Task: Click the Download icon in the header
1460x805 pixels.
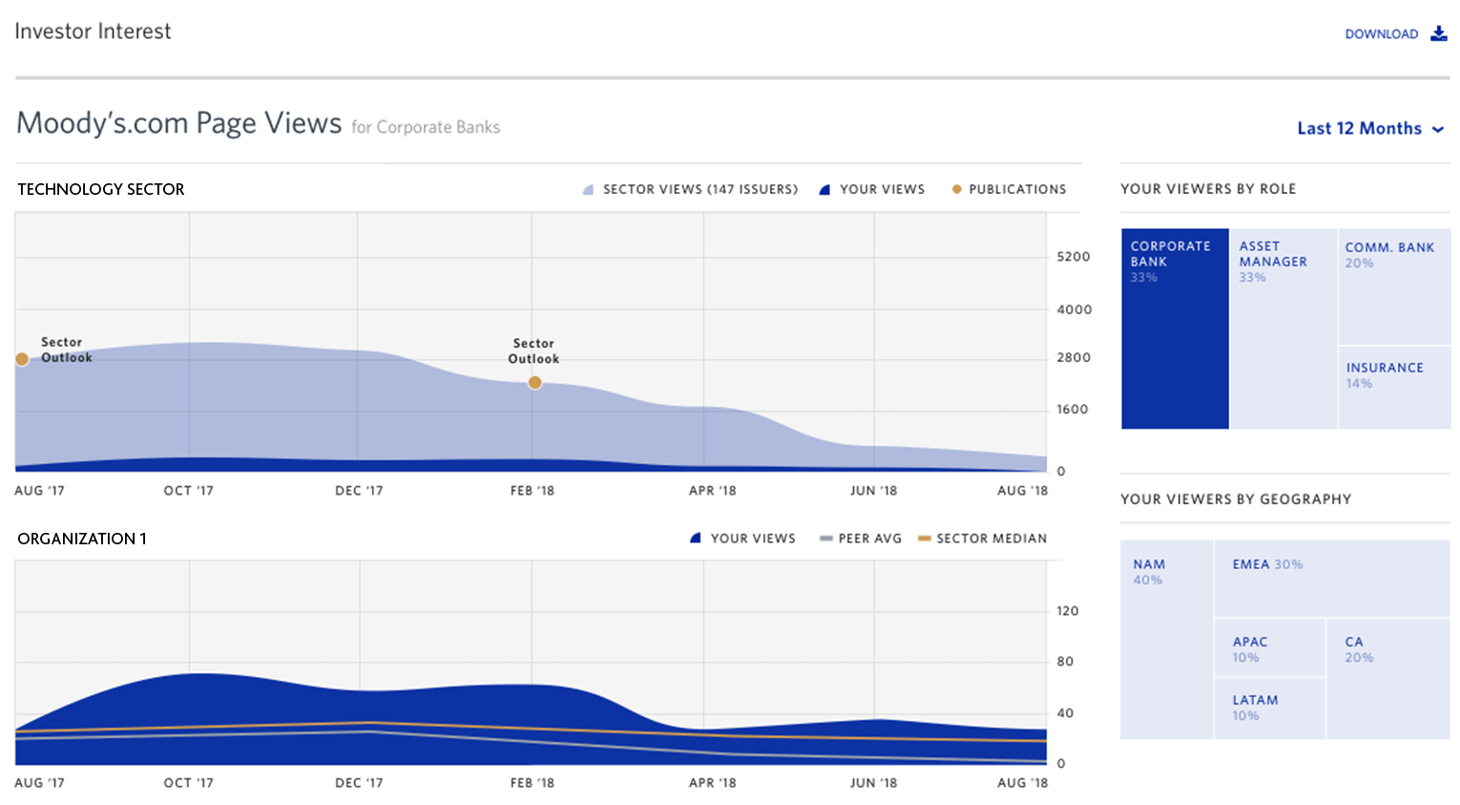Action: pos(1438,33)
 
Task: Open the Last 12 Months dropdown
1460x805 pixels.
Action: pos(1370,128)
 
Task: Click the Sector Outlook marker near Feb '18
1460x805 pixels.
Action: pos(534,382)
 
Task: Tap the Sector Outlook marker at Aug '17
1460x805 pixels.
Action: pos(22,359)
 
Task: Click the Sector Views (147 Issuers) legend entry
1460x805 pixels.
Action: pos(690,189)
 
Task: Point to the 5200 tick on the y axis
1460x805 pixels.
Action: pos(1073,257)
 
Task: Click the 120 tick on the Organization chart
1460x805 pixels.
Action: pos(1067,611)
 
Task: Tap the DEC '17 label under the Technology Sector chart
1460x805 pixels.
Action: pos(359,491)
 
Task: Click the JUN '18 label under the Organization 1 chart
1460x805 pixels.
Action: pos(873,783)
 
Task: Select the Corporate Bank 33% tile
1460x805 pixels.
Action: pos(1175,328)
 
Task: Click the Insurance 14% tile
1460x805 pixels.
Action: pos(1394,387)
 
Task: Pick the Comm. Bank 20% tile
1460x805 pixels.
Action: pos(1394,286)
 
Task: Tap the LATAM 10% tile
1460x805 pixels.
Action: pos(1269,708)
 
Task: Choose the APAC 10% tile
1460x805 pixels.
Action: pos(1269,648)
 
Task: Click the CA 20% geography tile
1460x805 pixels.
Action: pos(1387,678)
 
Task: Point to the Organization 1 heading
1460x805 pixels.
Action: pos(82,539)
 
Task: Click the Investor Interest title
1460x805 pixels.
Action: pos(93,32)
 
